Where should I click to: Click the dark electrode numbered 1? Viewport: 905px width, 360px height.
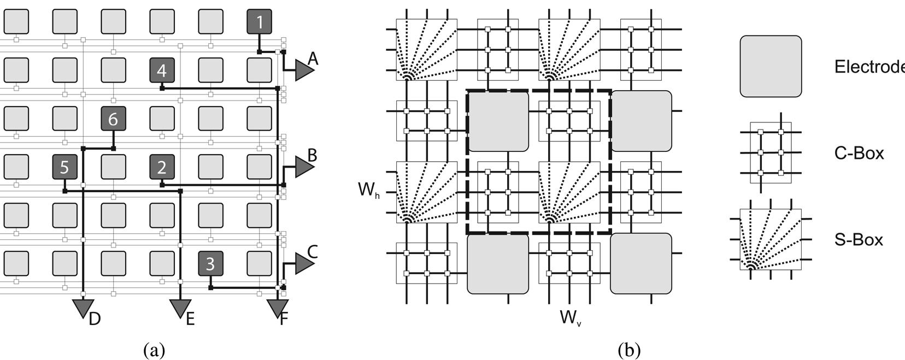(x=259, y=22)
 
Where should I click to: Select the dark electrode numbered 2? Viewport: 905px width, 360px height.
(x=162, y=167)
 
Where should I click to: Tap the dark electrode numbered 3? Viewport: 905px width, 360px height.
(x=210, y=264)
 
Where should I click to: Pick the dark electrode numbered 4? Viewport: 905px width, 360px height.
(x=162, y=70)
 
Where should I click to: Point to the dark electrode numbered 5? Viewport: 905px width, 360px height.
(x=64, y=167)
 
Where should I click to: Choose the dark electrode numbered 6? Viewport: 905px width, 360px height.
(x=113, y=119)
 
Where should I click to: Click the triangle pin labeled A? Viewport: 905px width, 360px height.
(x=303, y=69)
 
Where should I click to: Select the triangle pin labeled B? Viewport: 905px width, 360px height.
(x=303, y=167)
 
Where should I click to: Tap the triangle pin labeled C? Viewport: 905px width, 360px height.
(x=303, y=263)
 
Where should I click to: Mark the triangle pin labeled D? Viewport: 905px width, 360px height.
(x=83, y=308)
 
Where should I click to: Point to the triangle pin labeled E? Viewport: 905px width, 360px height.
(x=180, y=308)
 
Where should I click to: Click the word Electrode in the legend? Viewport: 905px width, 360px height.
(x=869, y=67)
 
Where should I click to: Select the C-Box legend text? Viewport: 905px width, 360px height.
(x=859, y=154)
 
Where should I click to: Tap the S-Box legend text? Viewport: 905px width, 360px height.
(x=859, y=239)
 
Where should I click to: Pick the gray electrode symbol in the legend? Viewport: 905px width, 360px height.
(x=771, y=67)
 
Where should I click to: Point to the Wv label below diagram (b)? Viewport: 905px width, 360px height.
(x=570, y=317)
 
